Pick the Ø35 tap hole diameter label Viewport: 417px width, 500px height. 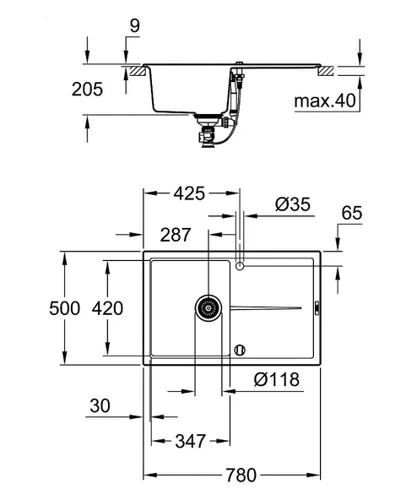tap(294, 204)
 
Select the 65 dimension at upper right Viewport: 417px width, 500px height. tap(351, 214)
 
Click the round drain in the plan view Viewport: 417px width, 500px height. tap(207, 308)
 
